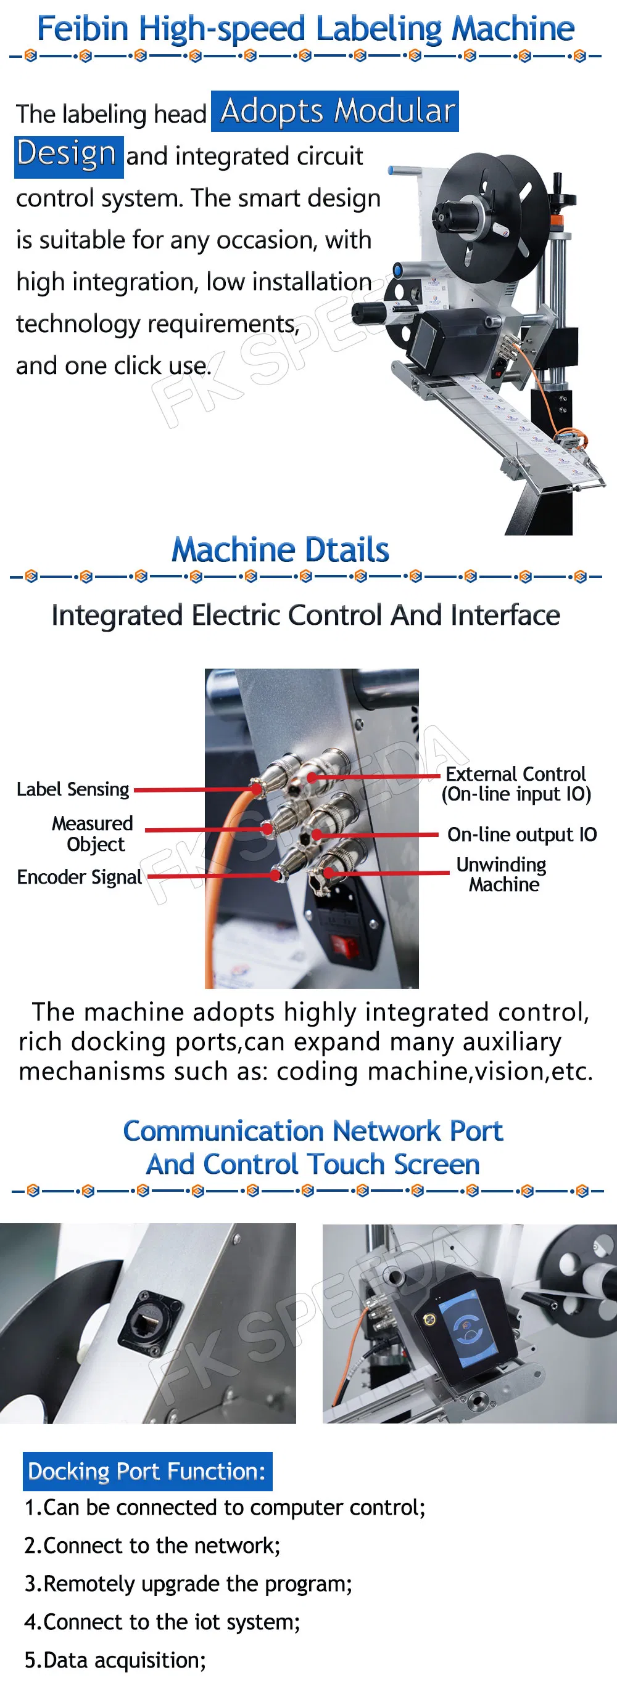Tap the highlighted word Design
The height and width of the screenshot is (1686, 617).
point(67,155)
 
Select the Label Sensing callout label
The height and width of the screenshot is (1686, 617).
point(73,789)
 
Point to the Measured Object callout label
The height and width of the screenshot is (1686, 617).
point(93,833)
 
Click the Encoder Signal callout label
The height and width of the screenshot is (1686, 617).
point(79,877)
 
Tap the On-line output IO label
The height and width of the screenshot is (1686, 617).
point(521,834)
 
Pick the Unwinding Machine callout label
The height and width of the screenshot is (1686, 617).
point(502,874)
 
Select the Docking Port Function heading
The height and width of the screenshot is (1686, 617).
point(147,1472)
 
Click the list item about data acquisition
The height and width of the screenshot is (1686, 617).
point(115,1661)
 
